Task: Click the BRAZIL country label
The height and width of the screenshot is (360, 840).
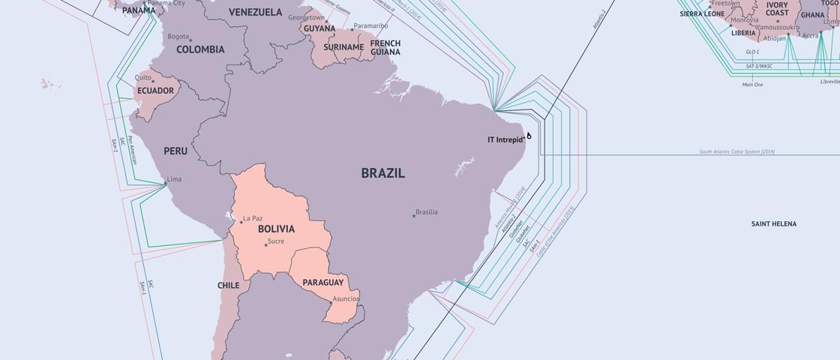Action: point(382,173)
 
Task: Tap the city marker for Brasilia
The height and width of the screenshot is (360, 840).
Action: point(413,215)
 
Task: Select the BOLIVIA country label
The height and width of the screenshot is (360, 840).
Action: point(276,229)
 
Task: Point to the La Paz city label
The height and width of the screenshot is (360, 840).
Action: point(253,219)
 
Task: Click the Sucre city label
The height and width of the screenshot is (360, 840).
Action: point(276,241)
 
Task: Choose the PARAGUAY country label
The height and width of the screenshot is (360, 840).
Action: point(322,283)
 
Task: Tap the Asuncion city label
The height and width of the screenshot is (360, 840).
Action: point(346,298)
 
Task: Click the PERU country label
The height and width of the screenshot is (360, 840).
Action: point(175,151)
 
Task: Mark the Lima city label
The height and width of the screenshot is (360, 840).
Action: point(174,179)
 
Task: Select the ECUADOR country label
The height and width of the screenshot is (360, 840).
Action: point(155,91)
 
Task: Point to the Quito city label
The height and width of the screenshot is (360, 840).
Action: point(142,77)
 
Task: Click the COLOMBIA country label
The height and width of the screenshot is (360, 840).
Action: point(200,49)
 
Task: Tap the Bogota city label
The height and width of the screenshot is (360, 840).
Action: point(178,36)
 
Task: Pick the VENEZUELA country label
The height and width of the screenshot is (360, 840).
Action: point(255,12)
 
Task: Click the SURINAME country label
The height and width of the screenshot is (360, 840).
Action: point(343,47)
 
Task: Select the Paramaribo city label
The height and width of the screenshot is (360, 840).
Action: point(371,26)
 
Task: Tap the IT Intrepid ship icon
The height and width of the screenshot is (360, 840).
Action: point(529,136)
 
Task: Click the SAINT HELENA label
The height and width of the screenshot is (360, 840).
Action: point(774,223)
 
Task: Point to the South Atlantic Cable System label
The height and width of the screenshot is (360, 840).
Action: point(736,152)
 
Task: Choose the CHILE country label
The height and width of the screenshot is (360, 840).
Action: point(228,286)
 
